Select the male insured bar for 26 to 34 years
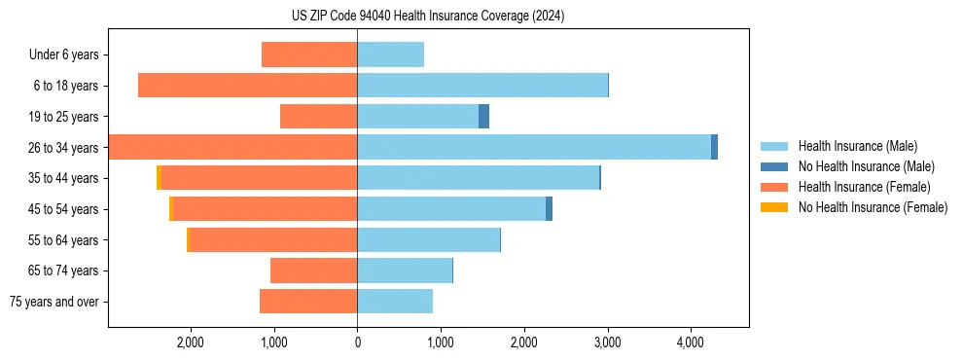[x=534, y=147]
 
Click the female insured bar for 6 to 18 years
[x=247, y=86]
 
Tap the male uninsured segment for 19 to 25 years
[x=483, y=117]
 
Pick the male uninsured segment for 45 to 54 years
[x=549, y=208]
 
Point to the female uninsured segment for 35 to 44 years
[x=159, y=178]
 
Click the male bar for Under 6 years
[x=390, y=54]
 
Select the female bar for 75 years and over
[x=308, y=302]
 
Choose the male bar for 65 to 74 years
[x=405, y=270]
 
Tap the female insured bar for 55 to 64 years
[x=272, y=239]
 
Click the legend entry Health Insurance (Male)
[x=857, y=146]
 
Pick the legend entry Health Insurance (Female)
[x=864, y=187]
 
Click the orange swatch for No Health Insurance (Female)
[x=774, y=207]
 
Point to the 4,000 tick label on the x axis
[x=690, y=342]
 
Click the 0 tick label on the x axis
[x=357, y=342]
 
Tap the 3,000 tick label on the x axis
[x=607, y=342]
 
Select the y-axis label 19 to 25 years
[x=65, y=117]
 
